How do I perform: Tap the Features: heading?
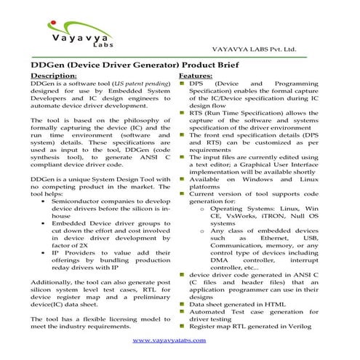[196, 76]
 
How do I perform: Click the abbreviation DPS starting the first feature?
[196, 84]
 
